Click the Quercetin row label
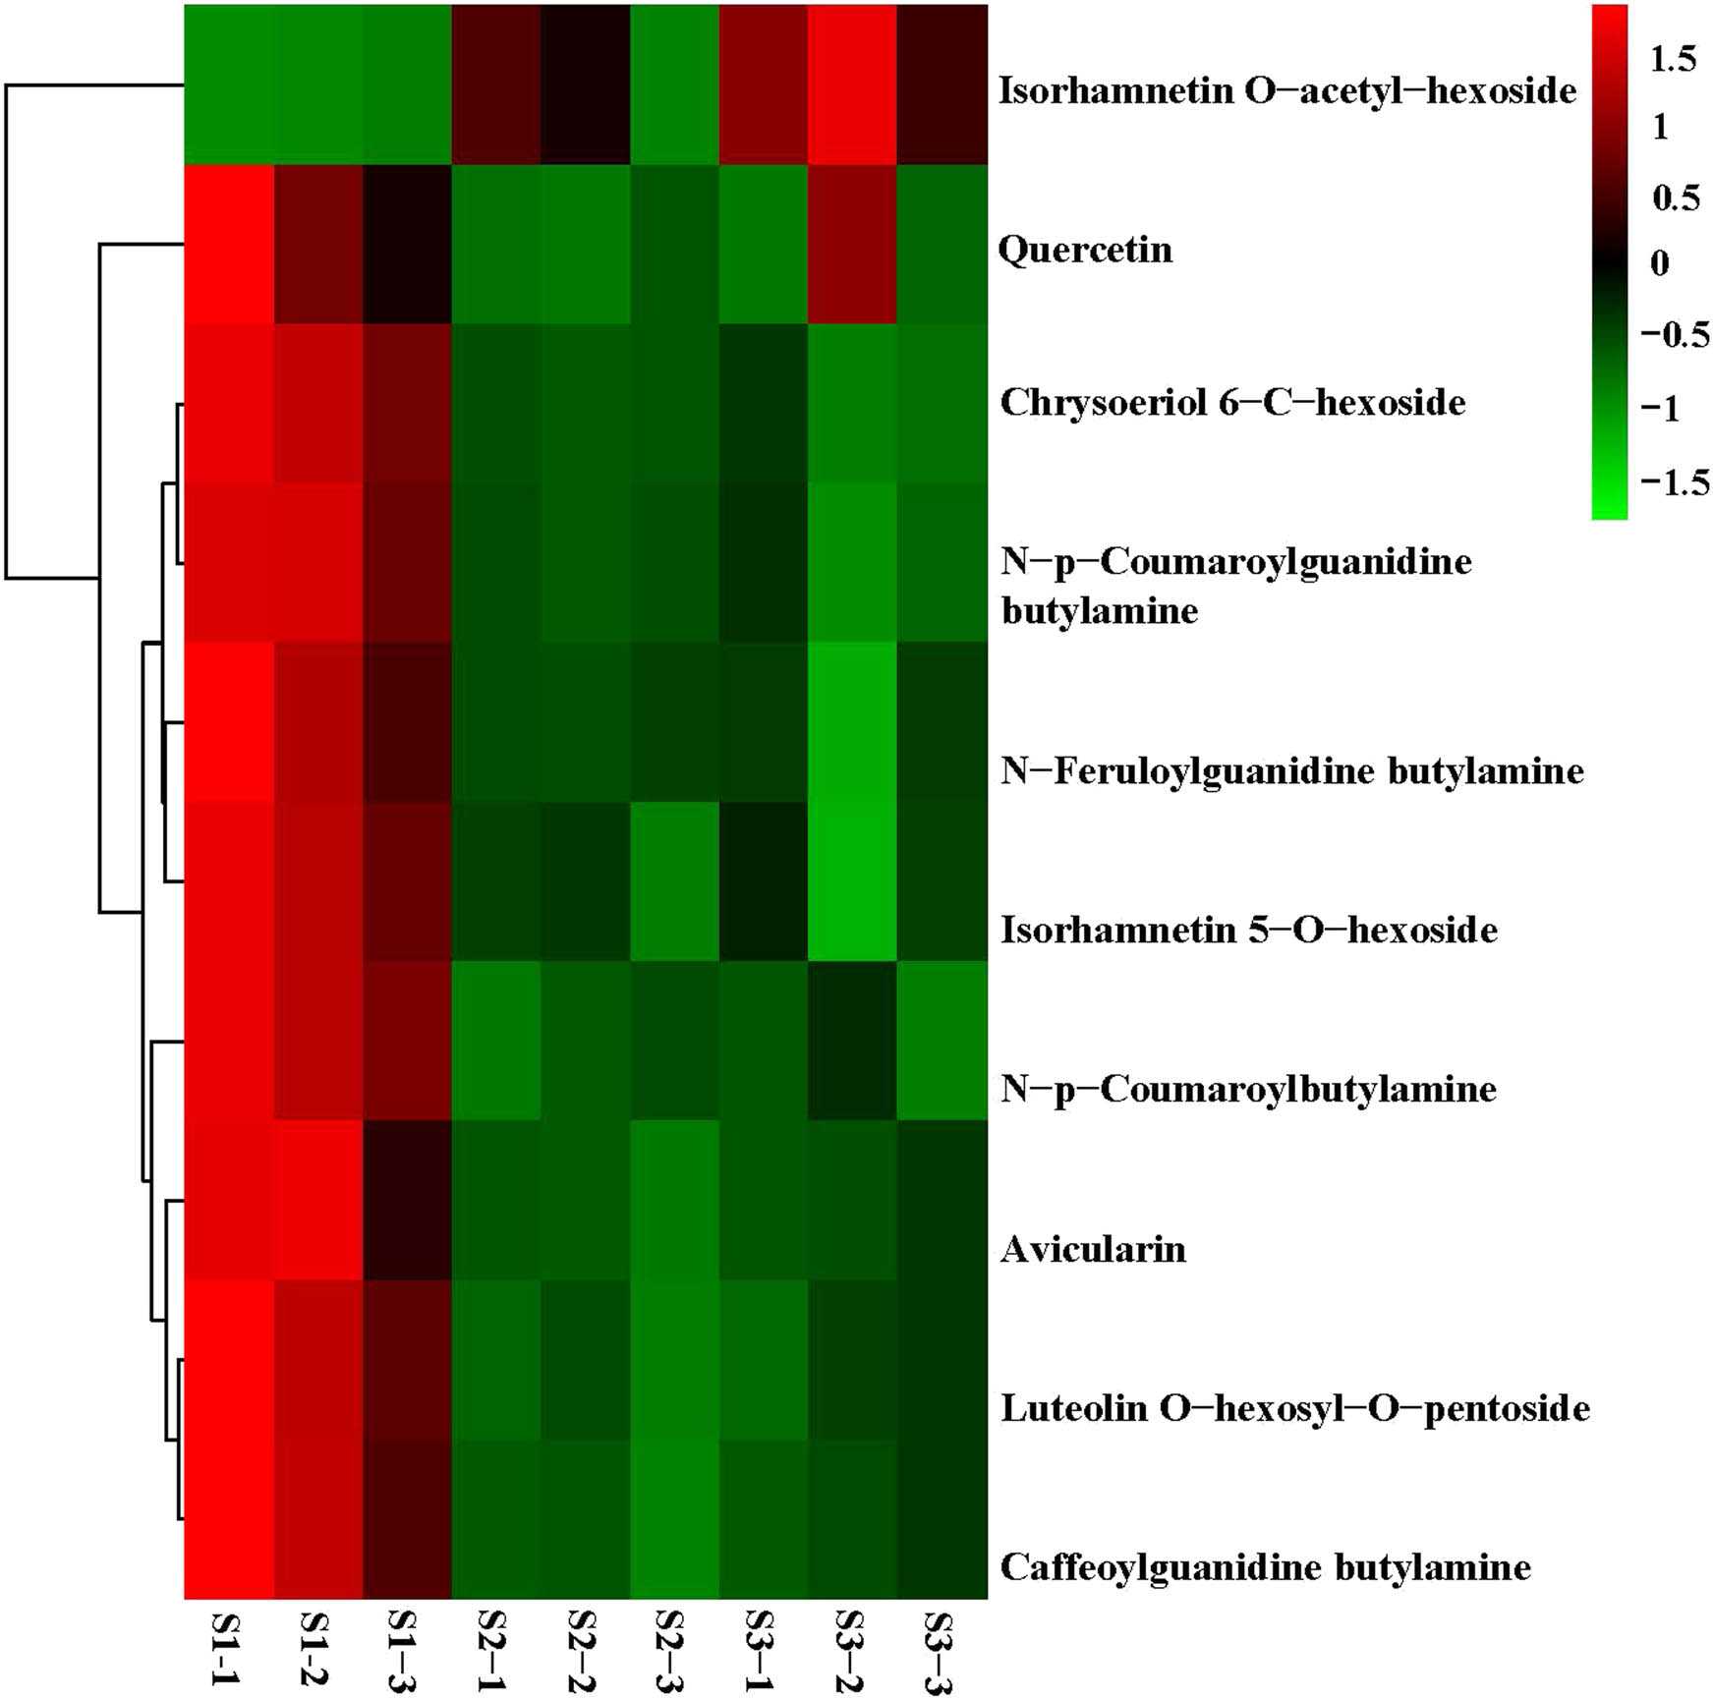[1085, 250]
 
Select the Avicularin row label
[1093, 1249]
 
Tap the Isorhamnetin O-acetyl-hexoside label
[1287, 90]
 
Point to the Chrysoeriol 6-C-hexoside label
[1232, 402]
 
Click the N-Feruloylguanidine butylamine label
[1291, 770]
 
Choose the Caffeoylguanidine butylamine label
[1265, 1566]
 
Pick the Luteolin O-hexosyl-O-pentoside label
[1294, 1408]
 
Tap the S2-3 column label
[672, 1651]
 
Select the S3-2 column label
[851, 1651]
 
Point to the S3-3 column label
[941, 1651]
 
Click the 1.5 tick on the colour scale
[1673, 59]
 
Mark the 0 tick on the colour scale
[1660, 263]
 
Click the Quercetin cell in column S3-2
[852, 244]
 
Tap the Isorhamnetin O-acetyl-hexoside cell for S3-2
[852, 84]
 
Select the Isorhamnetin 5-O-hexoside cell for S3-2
[852, 881]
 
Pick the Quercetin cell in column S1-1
[228, 244]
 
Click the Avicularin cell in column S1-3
[407, 1200]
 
